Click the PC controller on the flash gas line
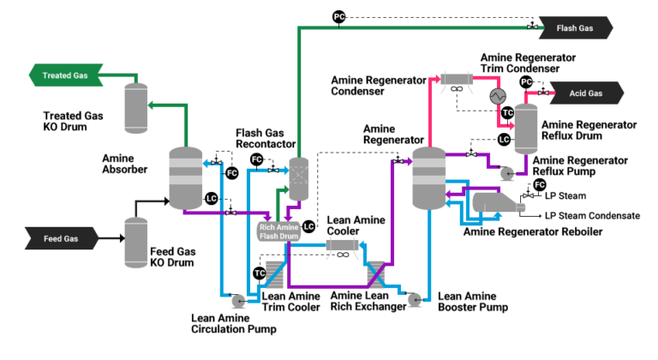(x=338, y=16)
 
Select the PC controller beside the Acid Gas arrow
(x=527, y=81)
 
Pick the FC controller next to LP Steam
(x=540, y=184)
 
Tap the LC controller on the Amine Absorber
(x=210, y=199)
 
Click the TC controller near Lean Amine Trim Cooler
(x=260, y=273)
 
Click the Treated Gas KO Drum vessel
(x=136, y=108)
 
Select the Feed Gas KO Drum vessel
(x=136, y=241)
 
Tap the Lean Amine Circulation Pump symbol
(x=237, y=300)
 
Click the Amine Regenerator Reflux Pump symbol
(x=506, y=173)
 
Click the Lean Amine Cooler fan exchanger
(x=342, y=246)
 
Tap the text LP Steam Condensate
(x=592, y=215)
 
